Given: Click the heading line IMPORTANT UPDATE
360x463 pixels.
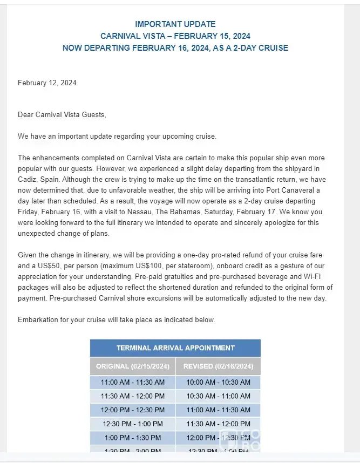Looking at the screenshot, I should (x=175, y=24).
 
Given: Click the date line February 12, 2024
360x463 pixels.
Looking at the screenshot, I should (x=47, y=83).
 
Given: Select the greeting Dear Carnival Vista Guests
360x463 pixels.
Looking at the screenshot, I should (x=62, y=115).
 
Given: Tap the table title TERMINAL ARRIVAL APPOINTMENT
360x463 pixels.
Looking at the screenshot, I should (x=175, y=348).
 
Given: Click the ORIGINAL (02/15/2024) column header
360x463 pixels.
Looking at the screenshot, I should (x=133, y=366).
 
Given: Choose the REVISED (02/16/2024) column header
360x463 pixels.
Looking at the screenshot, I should (x=218, y=366).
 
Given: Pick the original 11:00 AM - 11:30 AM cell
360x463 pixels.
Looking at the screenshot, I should (x=133, y=383).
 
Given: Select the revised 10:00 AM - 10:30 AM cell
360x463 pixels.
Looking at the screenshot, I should (x=218, y=383).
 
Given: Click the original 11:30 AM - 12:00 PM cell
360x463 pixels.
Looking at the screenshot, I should (x=133, y=396).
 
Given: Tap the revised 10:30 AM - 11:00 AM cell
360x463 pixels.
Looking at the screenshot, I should (x=218, y=396).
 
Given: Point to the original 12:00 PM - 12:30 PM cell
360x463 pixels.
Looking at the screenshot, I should (x=133, y=410).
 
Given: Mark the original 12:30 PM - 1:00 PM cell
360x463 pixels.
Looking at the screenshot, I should (x=133, y=424).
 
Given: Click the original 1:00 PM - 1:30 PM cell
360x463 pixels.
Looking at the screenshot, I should (x=133, y=438).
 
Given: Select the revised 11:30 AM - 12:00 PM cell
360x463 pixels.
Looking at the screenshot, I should (x=218, y=424).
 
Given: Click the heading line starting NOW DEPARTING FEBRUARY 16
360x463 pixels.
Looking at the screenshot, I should (x=175, y=48).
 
